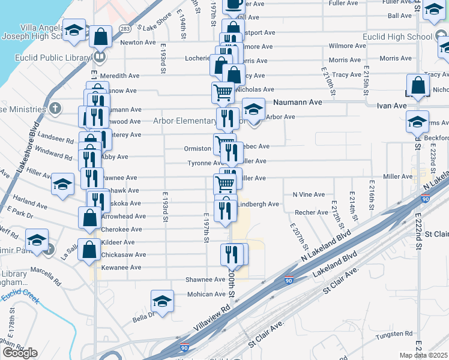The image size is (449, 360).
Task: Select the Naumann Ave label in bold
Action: [298, 103]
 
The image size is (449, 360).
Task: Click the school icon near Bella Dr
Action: [162, 301]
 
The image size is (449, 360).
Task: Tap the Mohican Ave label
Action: [205, 294]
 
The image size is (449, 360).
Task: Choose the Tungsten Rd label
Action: [394, 334]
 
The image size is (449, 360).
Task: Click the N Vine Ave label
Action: [309, 194]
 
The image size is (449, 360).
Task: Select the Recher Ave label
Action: [312, 212]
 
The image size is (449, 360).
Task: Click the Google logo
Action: [20, 353]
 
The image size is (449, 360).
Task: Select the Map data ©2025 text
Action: [424, 355]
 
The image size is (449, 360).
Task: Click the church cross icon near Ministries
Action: [55, 109]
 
